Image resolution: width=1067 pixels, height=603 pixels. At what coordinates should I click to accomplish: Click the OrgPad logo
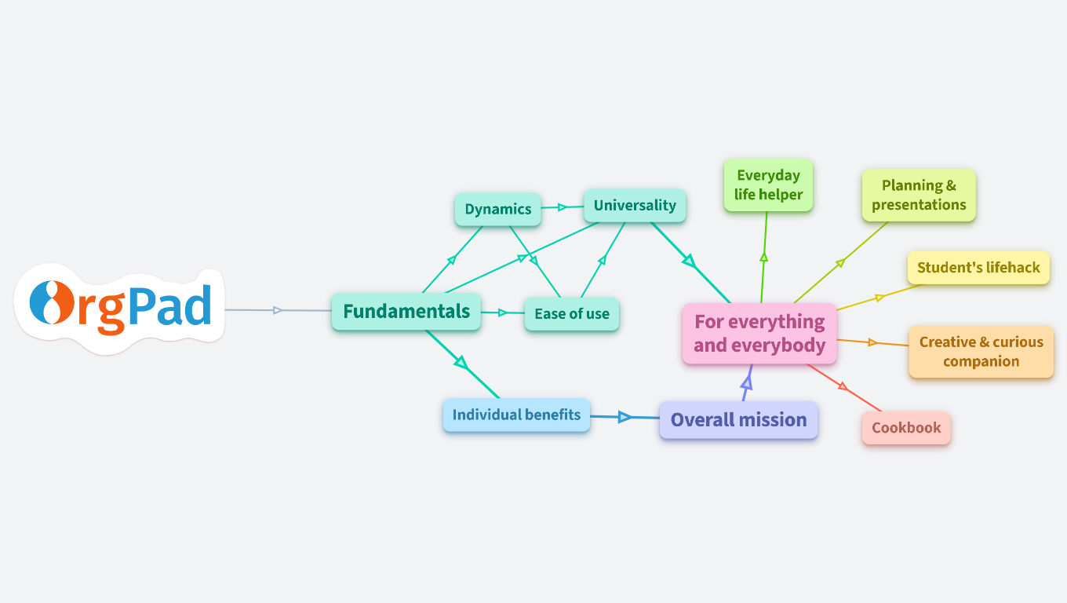point(120,307)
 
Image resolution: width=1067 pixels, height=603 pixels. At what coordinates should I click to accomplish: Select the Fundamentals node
point(406,312)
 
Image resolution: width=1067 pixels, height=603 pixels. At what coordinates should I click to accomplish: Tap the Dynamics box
point(498,210)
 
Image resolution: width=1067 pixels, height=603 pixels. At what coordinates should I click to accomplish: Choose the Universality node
point(635,206)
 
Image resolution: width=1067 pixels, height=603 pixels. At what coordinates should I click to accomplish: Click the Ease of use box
point(572,314)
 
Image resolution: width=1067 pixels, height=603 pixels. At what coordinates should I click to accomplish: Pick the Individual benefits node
point(516,415)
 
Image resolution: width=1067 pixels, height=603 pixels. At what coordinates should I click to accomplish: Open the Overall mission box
point(738,420)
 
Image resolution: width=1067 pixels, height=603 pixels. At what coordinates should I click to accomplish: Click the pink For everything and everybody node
point(759,334)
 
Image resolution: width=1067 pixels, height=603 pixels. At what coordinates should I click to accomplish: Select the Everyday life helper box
point(768,185)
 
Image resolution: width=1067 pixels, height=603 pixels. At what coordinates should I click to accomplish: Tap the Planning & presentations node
point(919,196)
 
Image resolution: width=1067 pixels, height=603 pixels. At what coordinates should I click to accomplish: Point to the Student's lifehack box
point(978,268)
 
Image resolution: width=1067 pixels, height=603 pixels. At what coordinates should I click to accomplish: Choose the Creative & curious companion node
point(981,352)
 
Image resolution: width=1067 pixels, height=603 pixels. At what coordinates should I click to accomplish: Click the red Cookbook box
point(906,429)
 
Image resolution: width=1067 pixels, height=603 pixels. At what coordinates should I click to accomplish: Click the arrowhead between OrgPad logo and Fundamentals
point(277,310)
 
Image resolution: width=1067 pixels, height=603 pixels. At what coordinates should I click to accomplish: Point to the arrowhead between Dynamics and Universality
point(562,207)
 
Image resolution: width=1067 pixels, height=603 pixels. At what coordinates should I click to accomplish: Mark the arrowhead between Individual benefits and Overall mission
point(625,417)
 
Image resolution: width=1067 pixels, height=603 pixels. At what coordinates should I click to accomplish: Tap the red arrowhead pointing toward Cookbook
point(843,386)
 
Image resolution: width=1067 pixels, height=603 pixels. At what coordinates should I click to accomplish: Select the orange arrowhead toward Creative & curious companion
point(872,342)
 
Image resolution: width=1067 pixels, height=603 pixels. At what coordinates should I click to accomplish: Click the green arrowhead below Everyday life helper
point(763,257)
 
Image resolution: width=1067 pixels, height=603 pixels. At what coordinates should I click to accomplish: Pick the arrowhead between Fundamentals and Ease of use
point(503,312)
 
